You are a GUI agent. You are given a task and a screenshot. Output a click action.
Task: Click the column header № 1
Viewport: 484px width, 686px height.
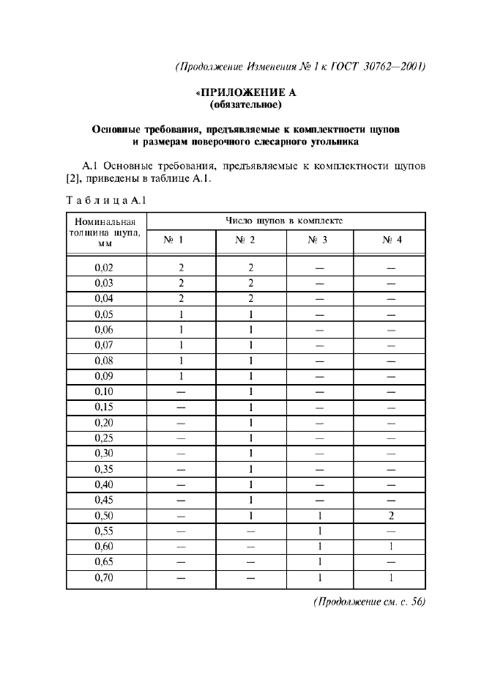pyautogui.click(x=180, y=240)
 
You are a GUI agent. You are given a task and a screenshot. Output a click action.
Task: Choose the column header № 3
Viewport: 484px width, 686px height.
pyautogui.click(x=319, y=240)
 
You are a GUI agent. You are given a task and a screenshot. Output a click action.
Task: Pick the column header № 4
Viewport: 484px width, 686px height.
pyautogui.click(x=389, y=240)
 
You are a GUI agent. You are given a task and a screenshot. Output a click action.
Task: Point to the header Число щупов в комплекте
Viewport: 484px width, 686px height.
pyautogui.click(x=285, y=220)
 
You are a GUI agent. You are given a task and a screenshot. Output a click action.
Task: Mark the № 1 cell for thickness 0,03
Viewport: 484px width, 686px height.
pyautogui.click(x=180, y=283)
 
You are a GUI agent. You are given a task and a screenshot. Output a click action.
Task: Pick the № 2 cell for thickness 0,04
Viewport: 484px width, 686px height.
pyautogui.click(x=250, y=298)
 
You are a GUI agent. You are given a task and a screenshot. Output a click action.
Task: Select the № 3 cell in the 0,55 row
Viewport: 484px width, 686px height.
pyautogui.click(x=319, y=531)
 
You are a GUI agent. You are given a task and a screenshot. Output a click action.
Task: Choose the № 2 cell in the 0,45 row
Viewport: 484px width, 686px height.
pyautogui.click(x=250, y=500)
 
